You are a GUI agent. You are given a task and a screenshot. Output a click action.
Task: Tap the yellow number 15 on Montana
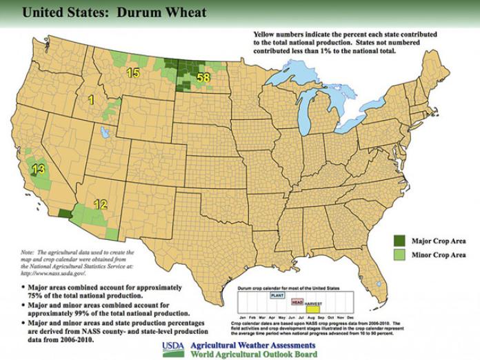point(133,72)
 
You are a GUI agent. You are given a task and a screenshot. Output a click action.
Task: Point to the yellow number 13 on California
point(39,169)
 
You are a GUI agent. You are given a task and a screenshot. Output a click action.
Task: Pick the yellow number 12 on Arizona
point(101,203)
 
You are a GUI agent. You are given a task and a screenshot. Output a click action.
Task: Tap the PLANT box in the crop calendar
point(277,294)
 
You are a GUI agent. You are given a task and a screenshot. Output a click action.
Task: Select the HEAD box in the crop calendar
point(297,301)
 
